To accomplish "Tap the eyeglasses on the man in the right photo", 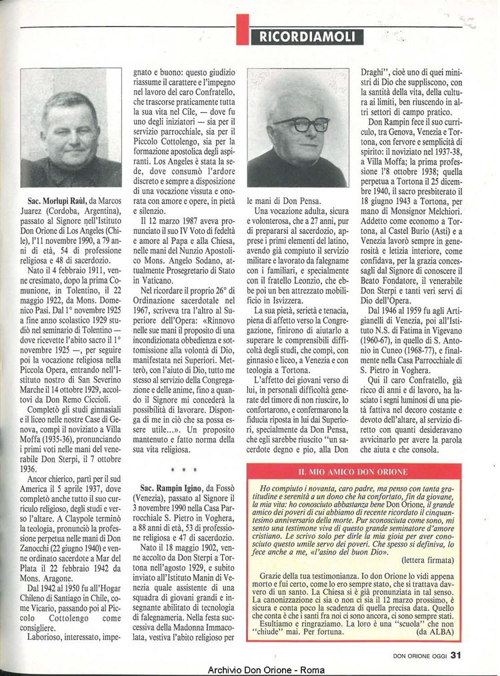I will click(x=301, y=124).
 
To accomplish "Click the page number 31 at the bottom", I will click(x=455, y=654).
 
